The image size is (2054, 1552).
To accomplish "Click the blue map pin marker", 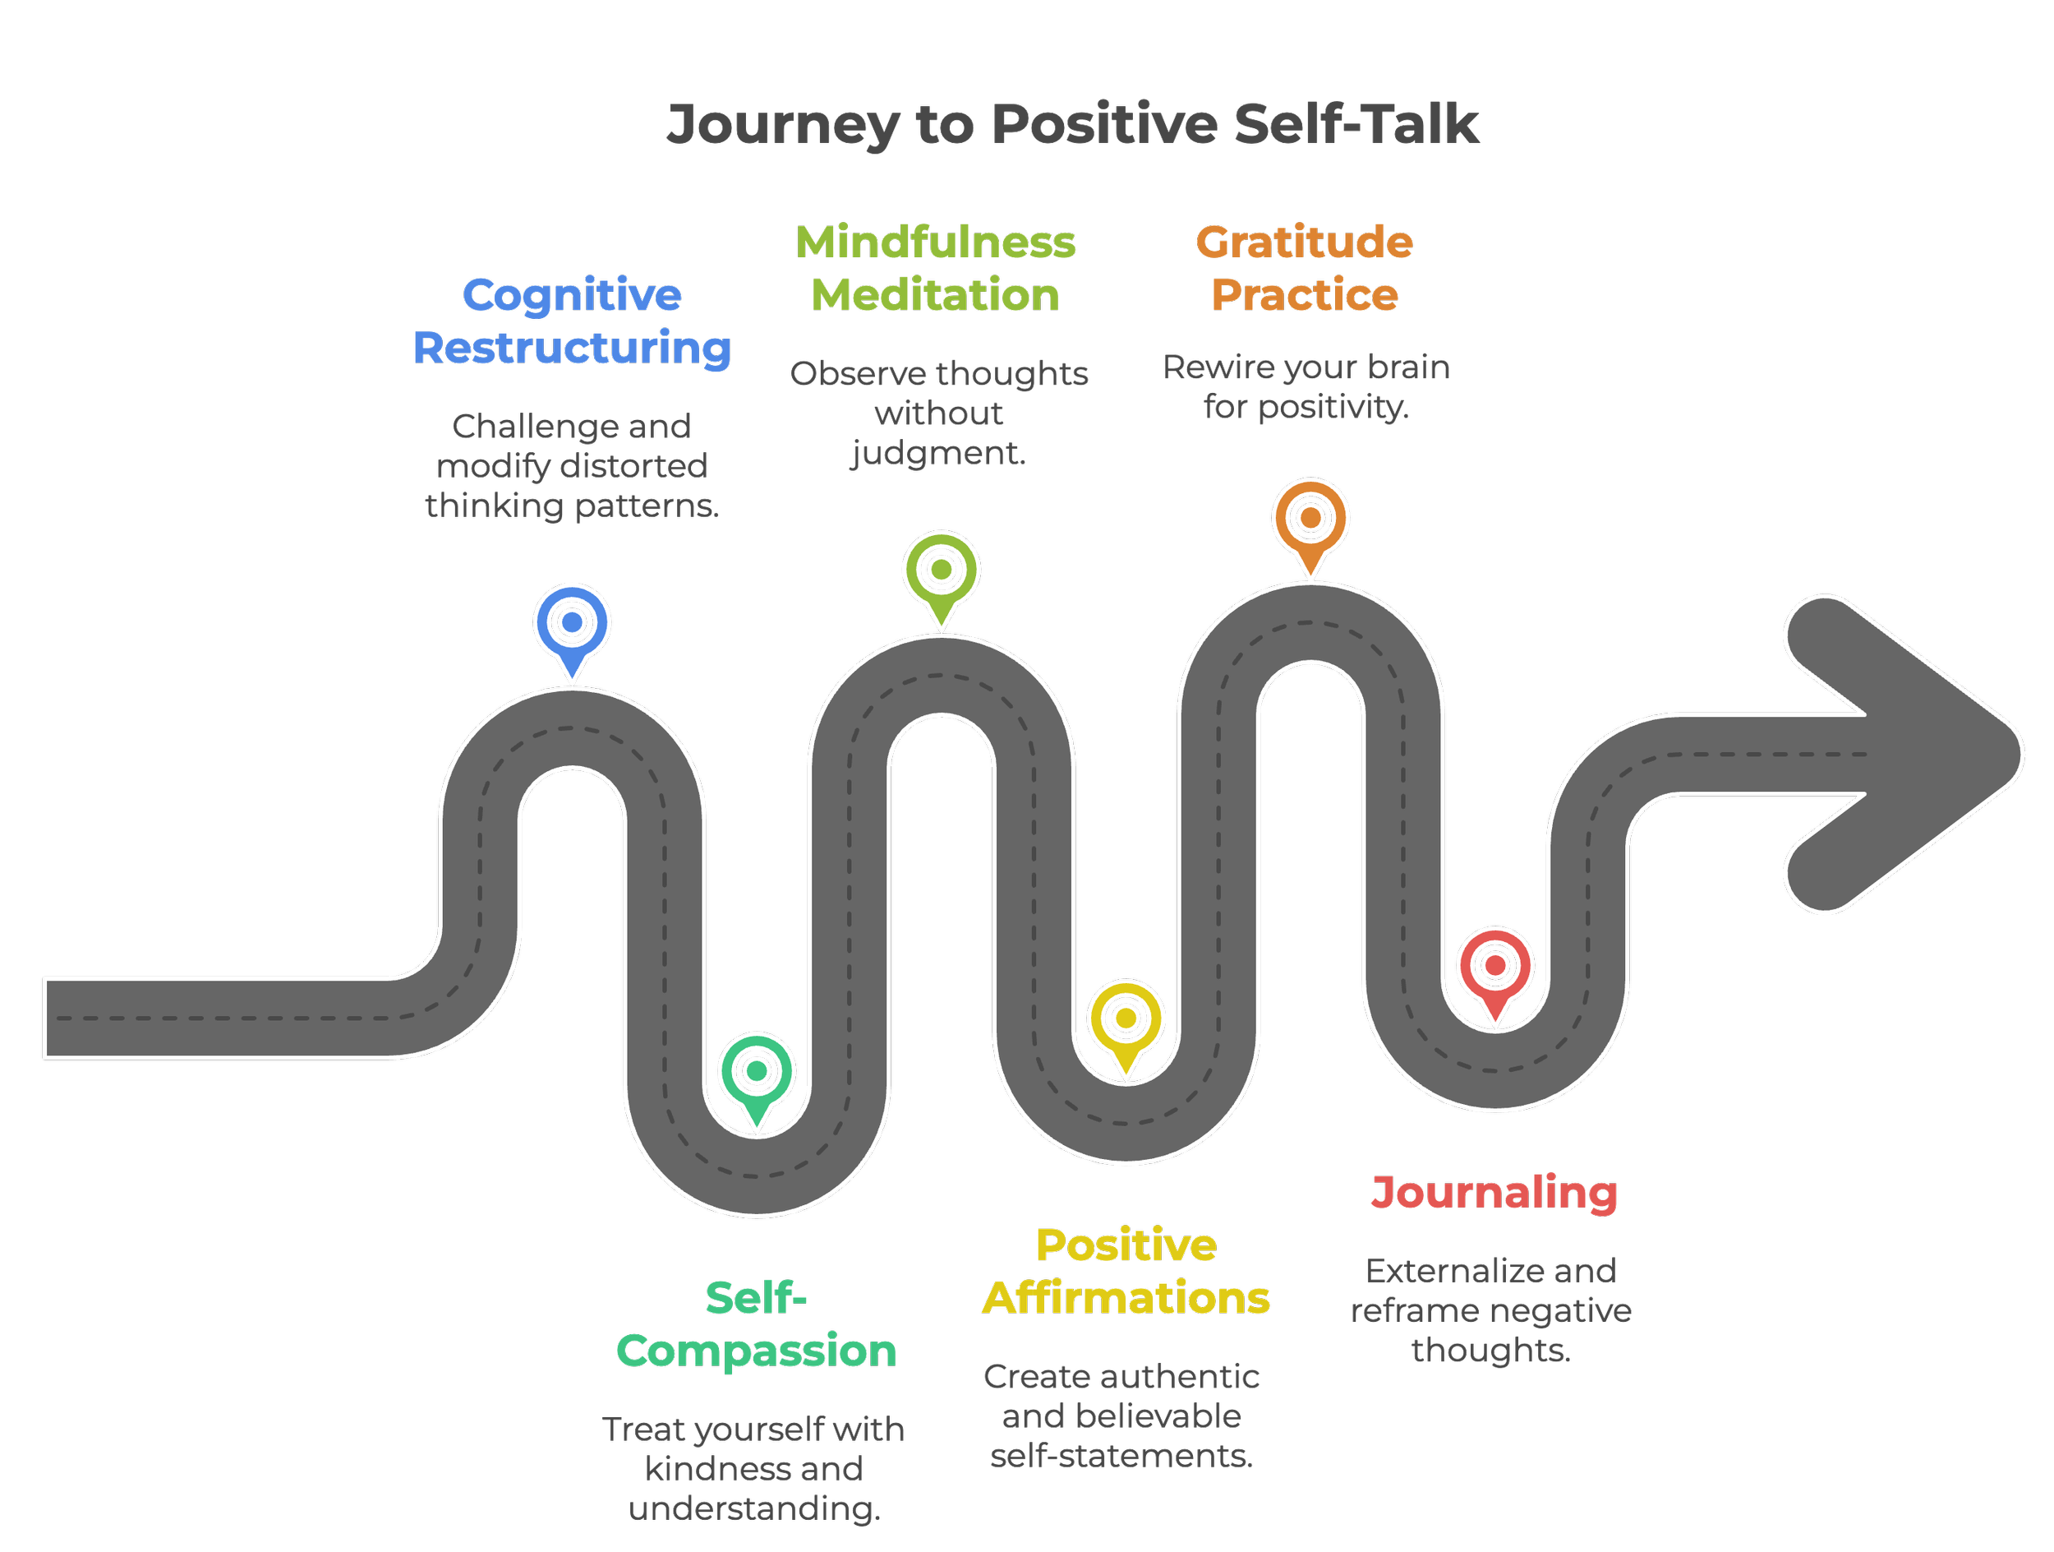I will pos(572,625).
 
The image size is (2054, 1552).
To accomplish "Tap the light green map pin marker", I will pos(941,573).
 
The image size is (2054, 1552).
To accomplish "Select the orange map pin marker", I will pos(1310,520).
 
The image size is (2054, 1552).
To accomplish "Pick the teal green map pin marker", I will pos(757,1074).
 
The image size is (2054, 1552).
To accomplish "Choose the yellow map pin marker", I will pos(1126,1021).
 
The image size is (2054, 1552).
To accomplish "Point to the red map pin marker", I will pos(1495,968).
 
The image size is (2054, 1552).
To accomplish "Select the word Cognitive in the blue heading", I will pos(572,295).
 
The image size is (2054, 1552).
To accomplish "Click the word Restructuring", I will pos(572,349).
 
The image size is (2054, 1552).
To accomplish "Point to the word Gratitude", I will pos(1305,243).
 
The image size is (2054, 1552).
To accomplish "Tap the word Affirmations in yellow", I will pos(1126,1299).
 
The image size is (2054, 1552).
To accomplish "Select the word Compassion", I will pos(757,1351).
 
